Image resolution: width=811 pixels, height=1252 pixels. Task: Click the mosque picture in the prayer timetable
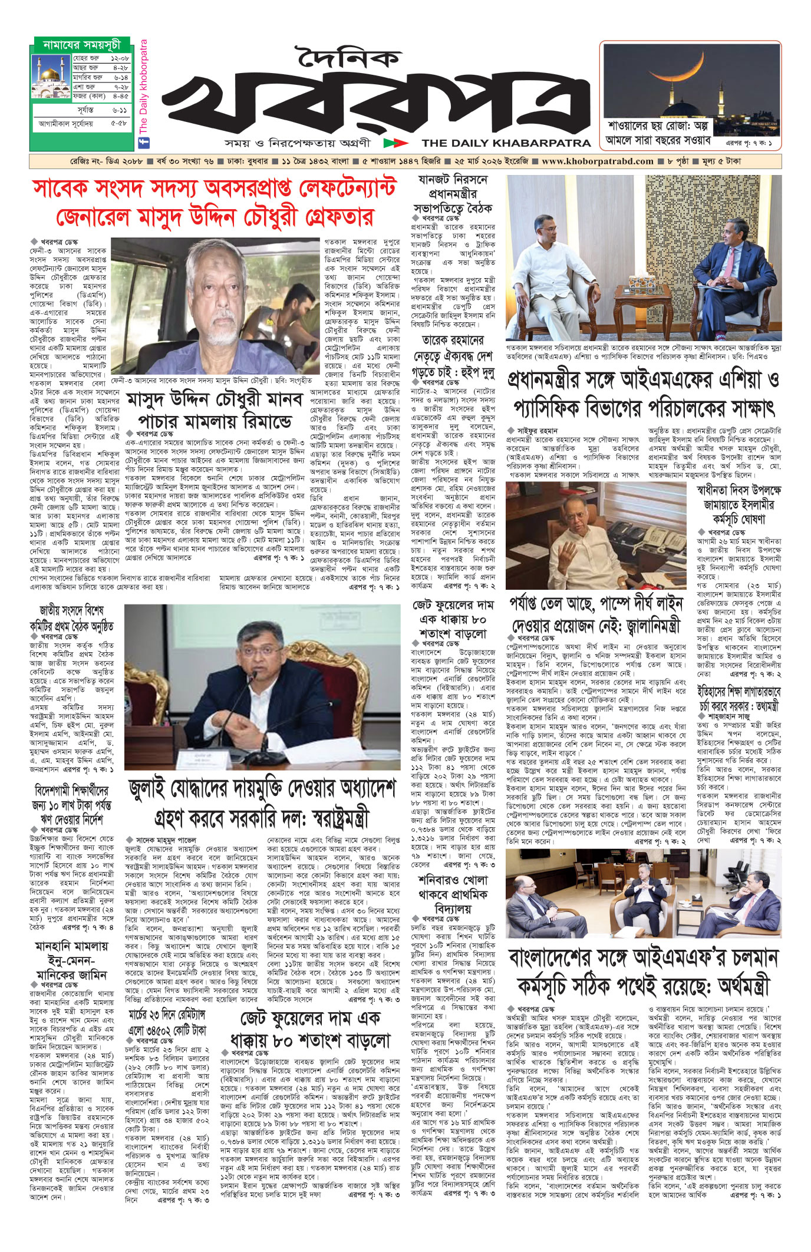pyautogui.click(x=52, y=76)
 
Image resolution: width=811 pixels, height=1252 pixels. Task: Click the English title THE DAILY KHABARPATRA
pyautogui.click(x=506, y=143)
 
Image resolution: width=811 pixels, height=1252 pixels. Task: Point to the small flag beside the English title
pyautogui.click(x=394, y=143)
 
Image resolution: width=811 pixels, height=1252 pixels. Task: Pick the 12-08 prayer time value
pyautogui.click(x=119, y=59)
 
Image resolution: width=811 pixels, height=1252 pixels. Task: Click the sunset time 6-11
pyautogui.click(x=119, y=110)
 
